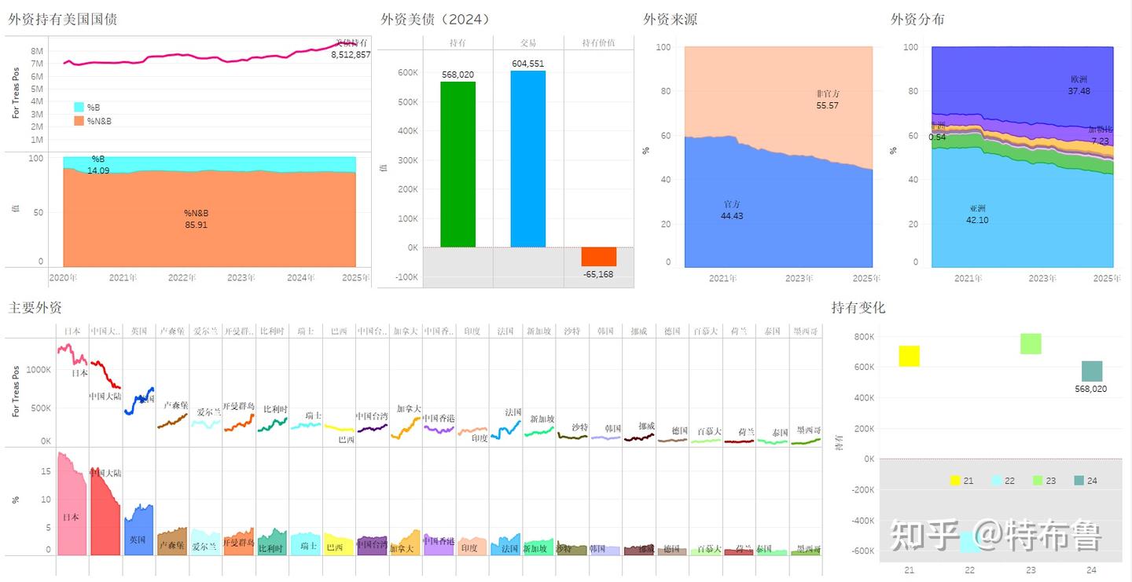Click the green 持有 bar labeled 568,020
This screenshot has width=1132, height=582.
pos(458,164)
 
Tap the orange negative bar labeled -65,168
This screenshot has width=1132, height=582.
pos(598,257)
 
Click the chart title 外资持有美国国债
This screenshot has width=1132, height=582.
pos(63,19)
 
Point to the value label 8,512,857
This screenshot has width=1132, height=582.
pos(351,55)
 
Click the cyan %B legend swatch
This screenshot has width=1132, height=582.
pos(79,107)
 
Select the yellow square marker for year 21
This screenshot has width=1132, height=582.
pos(909,356)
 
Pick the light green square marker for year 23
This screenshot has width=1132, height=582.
pos(1031,343)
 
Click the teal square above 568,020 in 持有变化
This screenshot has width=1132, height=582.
pos(1092,372)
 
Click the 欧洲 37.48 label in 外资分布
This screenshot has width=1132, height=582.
pos(1079,85)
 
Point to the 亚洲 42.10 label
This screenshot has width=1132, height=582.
pos(977,214)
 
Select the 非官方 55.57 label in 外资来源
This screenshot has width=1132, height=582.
pos(828,100)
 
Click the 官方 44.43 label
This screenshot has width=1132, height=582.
pos(732,210)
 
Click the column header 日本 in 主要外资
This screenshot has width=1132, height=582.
pos(72,331)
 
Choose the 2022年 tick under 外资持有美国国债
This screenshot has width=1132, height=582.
pos(182,277)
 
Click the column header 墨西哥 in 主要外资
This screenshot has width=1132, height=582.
pos(806,331)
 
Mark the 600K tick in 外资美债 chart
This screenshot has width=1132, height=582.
pos(407,72)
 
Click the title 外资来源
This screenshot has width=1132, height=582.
pos(670,19)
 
